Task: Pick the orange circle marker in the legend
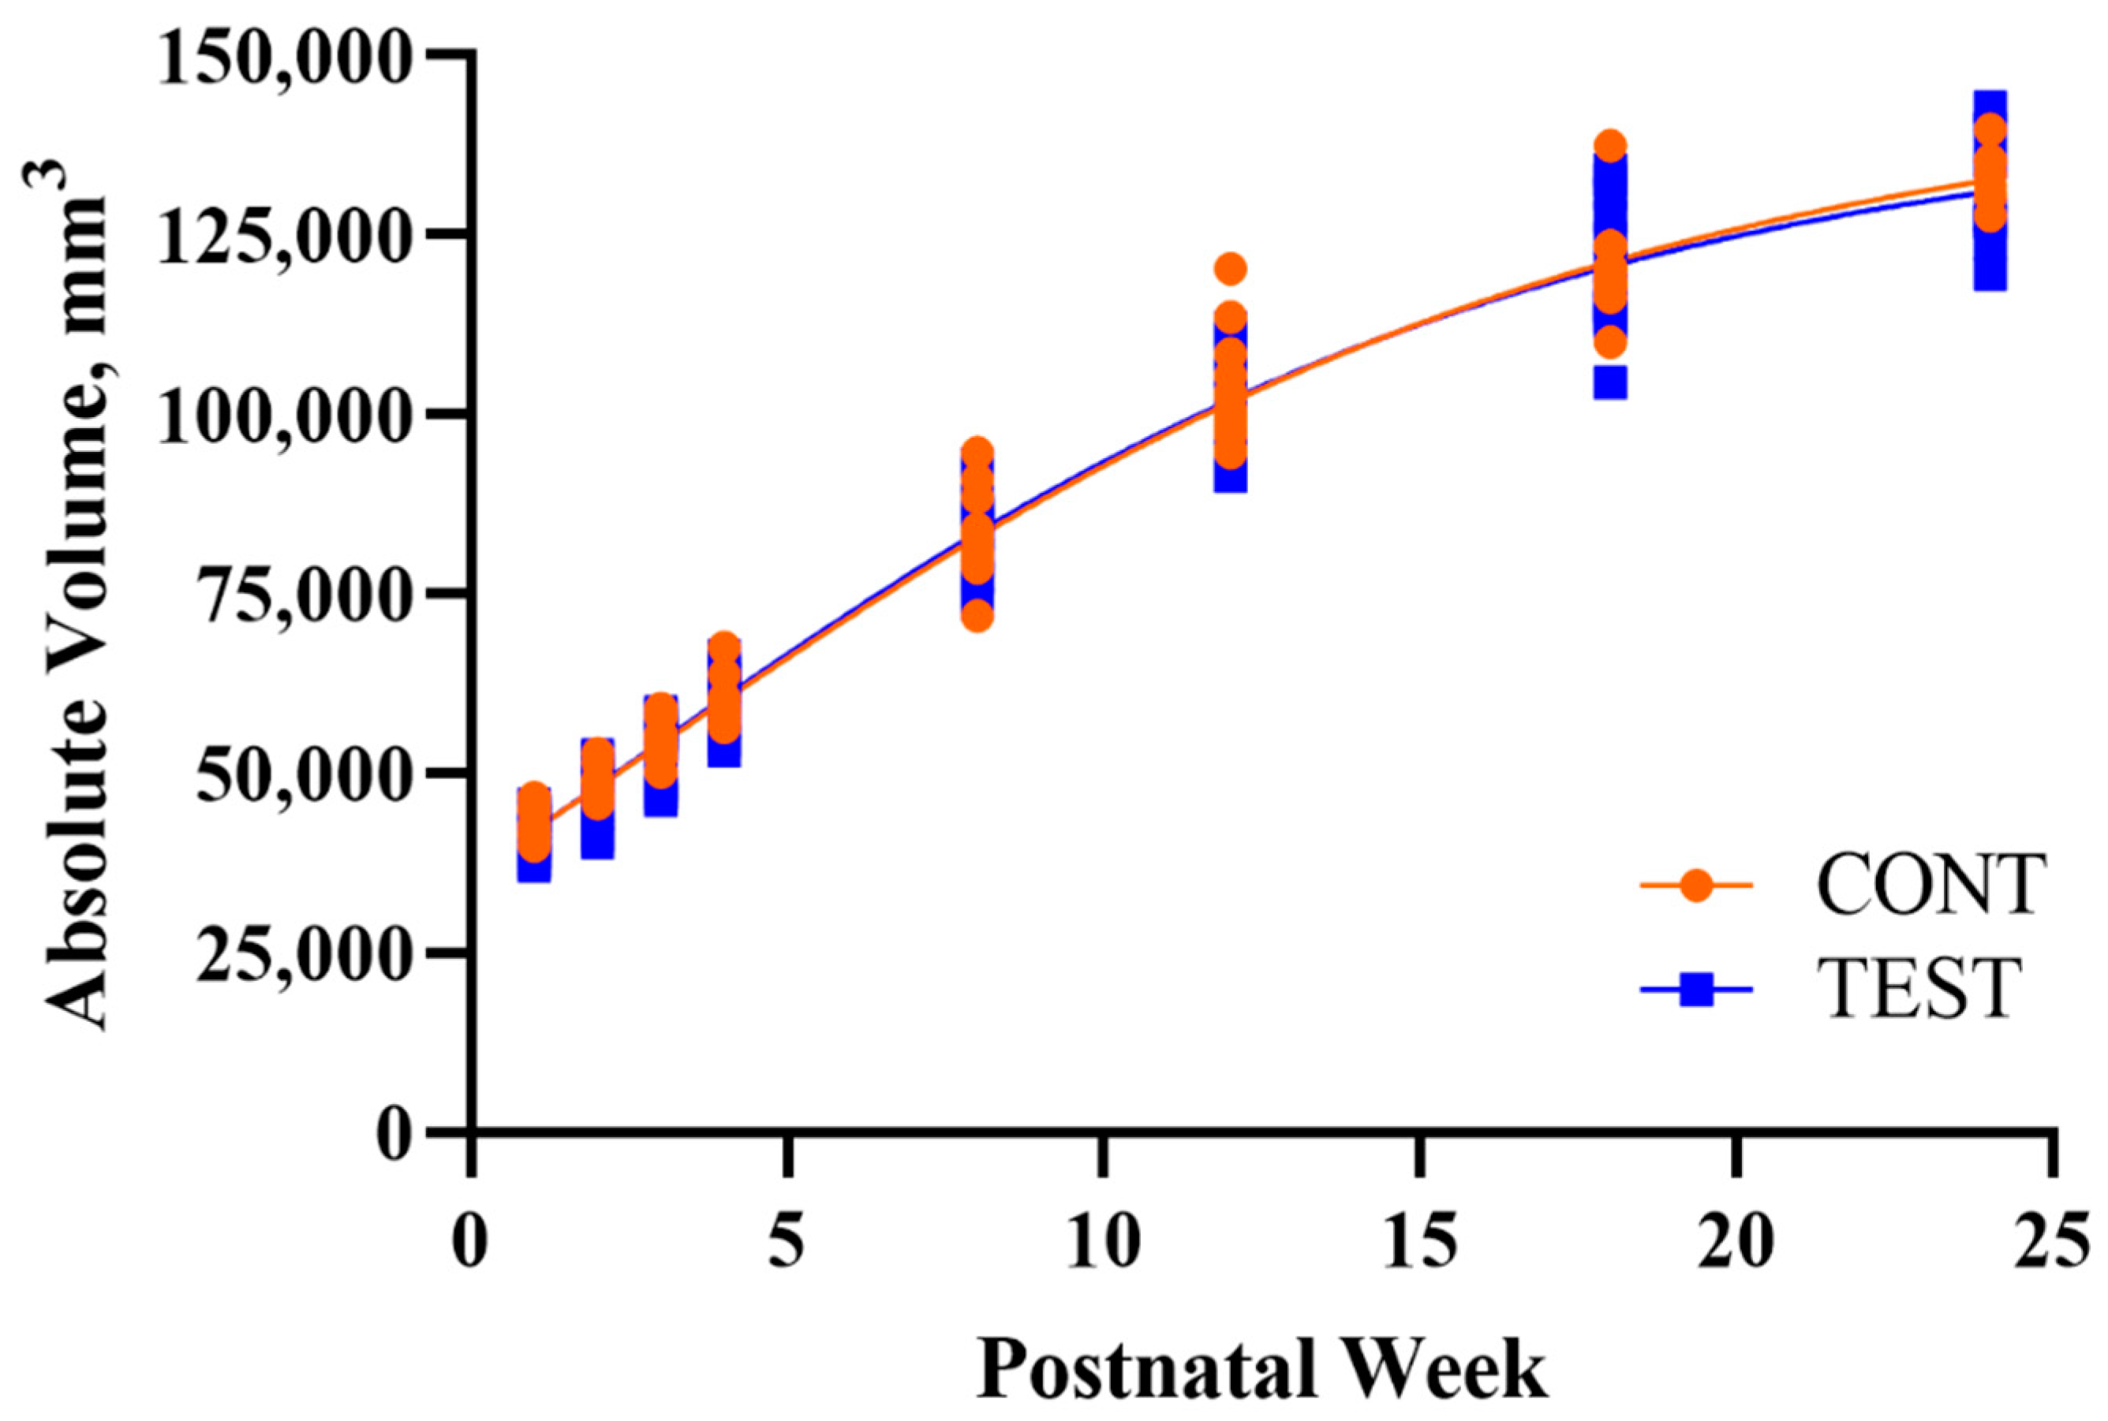click(x=1696, y=885)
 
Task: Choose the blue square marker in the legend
click(x=1696, y=990)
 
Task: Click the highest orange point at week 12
click(x=1231, y=268)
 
